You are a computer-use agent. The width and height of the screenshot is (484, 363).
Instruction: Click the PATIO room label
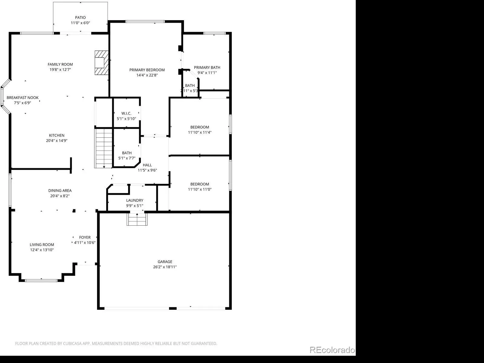pyautogui.click(x=80, y=18)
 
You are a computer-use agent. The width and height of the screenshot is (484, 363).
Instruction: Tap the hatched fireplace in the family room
pyautogui.click(x=102, y=63)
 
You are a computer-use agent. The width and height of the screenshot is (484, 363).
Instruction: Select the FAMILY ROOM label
pyautogui.click(x=60, y=64)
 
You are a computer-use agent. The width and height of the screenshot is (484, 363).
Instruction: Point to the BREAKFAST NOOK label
pyautogui.click(x=22, y=98)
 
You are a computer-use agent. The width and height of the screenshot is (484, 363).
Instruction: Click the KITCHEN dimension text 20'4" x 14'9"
pyautogui.click(x=57, y=141)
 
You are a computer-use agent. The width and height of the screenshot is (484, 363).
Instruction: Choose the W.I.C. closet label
pyautogui.click(x=126, y=113)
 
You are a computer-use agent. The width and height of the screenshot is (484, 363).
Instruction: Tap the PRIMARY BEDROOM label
pyautogui.click(x=147, y=70)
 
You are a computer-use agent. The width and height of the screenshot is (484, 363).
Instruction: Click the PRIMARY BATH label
pyautogui.click(x=207, y=67)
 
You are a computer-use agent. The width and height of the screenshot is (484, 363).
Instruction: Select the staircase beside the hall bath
pyautogui.click(x=103, y=148)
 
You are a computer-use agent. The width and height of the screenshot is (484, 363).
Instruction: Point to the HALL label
pyautogui.click(x=147, y=165)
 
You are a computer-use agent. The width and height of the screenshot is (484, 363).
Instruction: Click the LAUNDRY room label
pyautogui.click(x=135, y=200)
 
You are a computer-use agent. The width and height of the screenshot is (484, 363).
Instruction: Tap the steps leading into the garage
pyautogui.click(x=137, y=219)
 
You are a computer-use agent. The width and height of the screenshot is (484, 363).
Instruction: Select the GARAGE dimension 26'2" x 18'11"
pyautogui.click(x=165, y=267)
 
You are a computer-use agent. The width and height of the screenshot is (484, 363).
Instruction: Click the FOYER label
pyautogui.click(x=85, y=237)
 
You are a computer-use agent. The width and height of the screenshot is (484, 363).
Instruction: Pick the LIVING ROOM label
pyautogui.click(x=42, y=245)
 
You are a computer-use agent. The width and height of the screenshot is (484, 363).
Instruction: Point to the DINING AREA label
pyautogui.click(x=60, y=191)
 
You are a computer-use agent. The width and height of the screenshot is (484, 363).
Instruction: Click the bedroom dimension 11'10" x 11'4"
pyautogui.click(x=200, y=132)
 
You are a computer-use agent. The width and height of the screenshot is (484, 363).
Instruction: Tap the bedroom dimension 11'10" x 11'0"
pyautogui.click(x=200, y=189)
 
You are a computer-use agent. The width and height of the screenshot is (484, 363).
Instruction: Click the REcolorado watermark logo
pyautogui.click(x=332, y=350)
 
